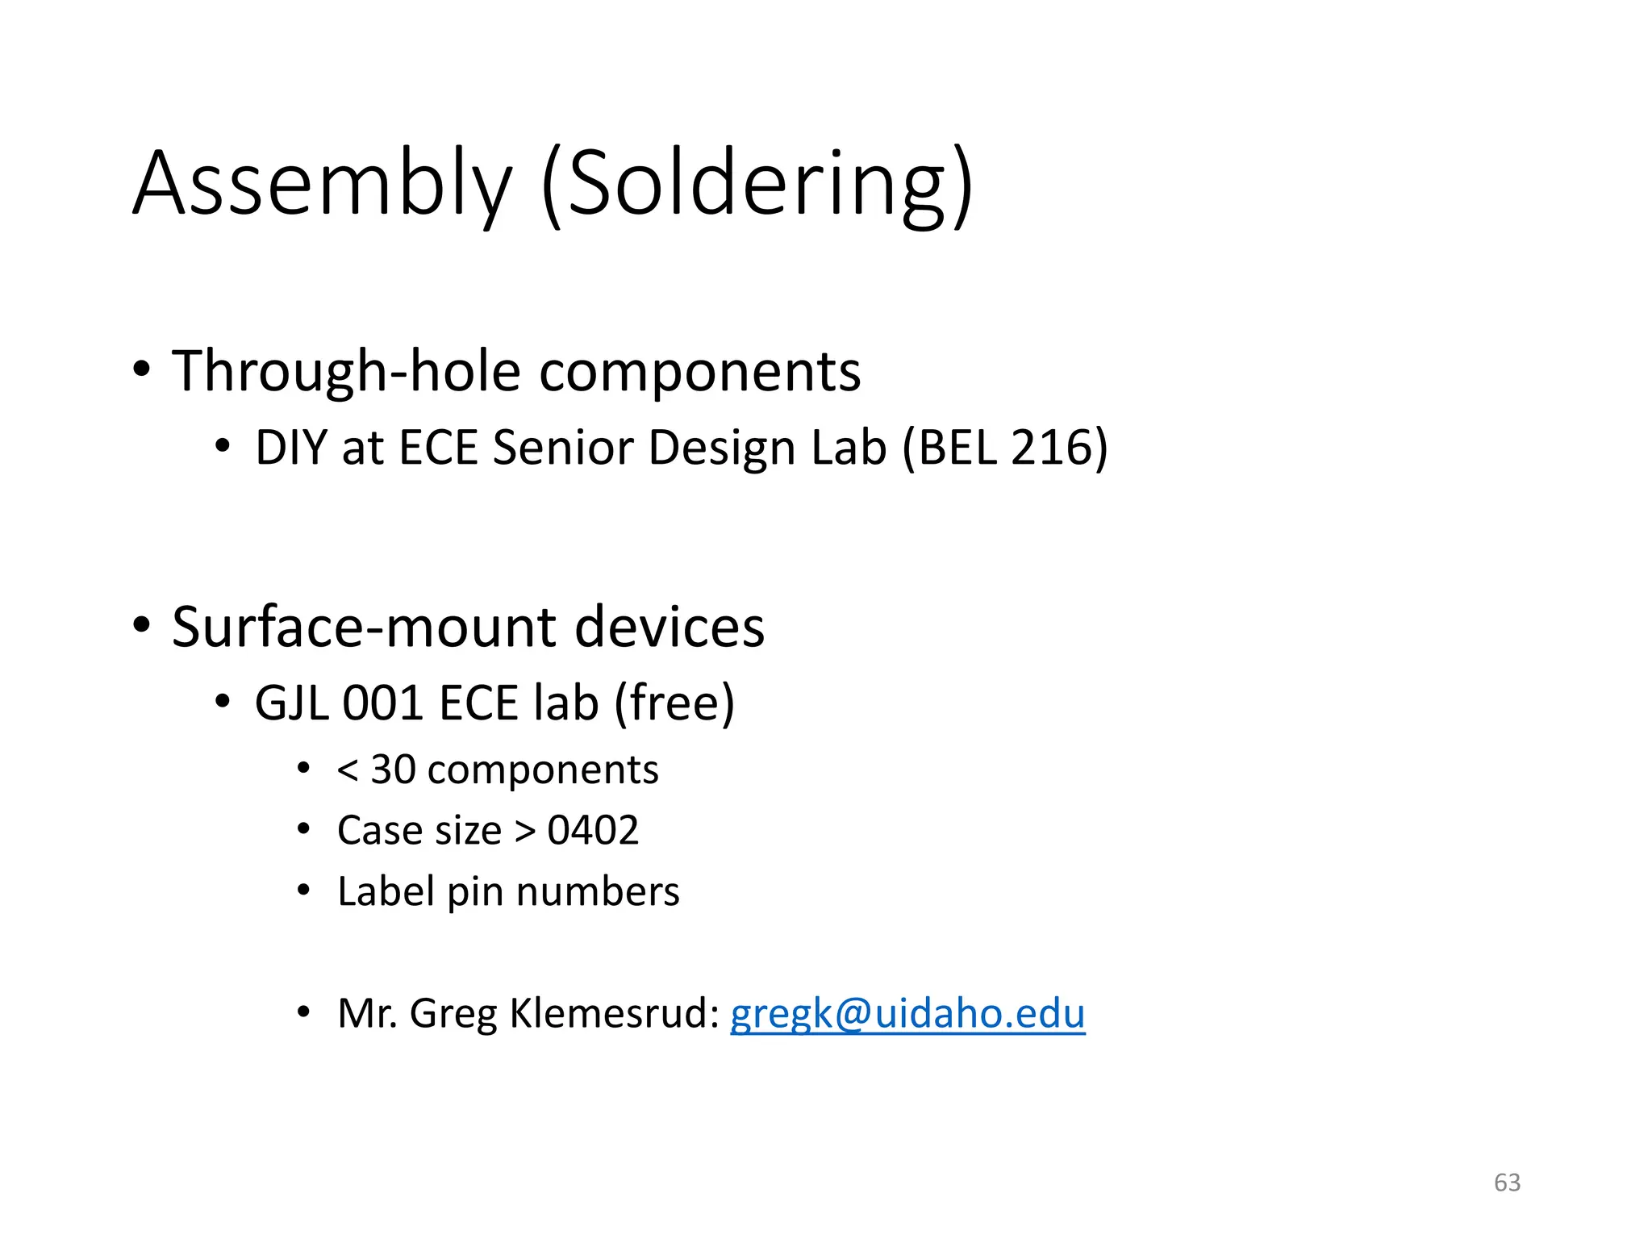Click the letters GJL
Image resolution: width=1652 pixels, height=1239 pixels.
292,703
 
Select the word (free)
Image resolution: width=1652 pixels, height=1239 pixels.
674,703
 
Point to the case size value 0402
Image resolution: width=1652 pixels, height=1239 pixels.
593,830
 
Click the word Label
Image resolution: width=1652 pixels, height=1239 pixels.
386,891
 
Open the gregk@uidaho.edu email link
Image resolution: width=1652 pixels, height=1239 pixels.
907,1013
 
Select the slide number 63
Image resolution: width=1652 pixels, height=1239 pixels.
1507,1182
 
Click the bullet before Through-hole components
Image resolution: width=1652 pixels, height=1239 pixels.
142,370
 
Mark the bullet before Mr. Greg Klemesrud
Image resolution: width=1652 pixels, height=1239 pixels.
303,1012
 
